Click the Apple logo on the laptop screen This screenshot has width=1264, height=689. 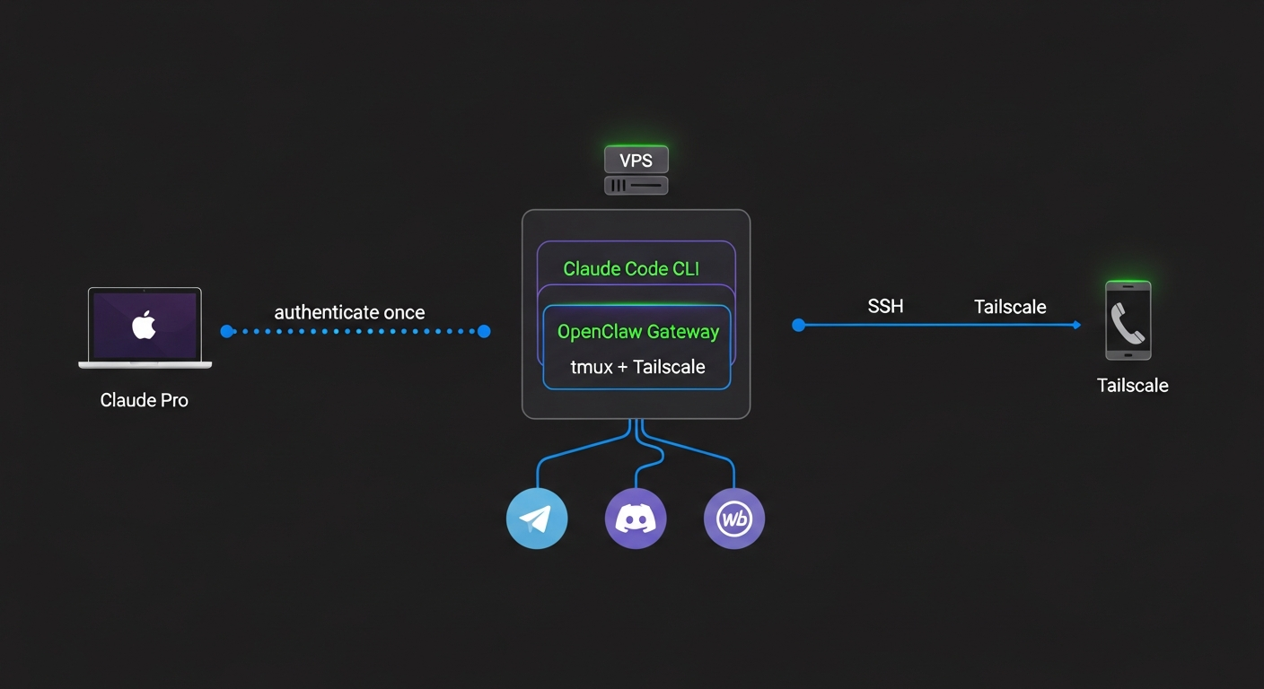pos(144,326)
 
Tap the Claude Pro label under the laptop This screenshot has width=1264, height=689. pos(145,400)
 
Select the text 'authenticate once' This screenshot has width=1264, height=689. pos(349,312)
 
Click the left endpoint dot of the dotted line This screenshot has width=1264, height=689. pos(226,331)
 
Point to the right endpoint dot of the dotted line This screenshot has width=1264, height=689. pos(484,331)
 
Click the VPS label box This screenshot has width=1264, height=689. pos(636,161)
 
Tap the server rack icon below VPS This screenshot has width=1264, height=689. pos(636,186)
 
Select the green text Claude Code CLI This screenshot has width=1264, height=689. pos(630,268)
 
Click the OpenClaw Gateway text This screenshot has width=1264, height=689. pos(638,332)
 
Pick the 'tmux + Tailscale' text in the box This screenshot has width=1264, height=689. pos(638,367)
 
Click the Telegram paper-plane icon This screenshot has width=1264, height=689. pos(537,518)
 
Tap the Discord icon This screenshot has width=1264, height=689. pos(636,518)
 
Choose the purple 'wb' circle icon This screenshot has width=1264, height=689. pos(734,518)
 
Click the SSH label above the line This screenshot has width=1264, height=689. pos(885,307)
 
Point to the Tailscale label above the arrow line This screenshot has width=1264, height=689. pos(1010,307)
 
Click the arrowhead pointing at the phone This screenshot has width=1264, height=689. pos(1076,325)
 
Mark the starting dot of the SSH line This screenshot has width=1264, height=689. pos(798,325)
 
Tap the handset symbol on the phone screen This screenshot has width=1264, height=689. pos(1128,324)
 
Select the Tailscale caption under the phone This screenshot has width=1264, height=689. pos(1132,386)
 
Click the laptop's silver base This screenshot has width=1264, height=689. pos(145,364)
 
